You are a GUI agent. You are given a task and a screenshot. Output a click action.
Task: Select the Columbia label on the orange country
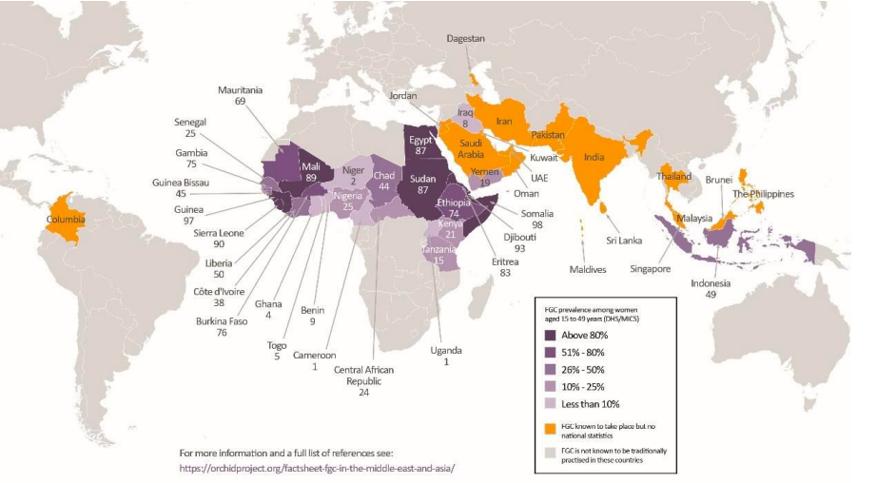click(x=65, y=219)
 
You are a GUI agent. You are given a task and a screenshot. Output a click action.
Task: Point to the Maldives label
click(x=587, y=269)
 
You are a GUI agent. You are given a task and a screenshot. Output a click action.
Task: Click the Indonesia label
click(x=710, y=282)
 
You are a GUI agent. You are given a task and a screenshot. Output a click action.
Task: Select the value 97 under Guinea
click(x=188, y=222)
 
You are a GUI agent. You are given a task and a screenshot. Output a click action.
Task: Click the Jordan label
click(x=402, y=96)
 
